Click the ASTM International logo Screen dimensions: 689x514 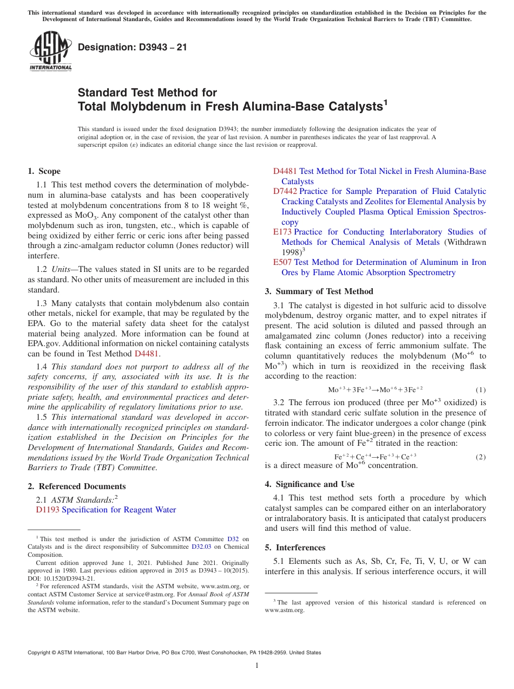[x=50, y=51]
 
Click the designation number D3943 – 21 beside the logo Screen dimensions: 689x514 [x=133, y=47]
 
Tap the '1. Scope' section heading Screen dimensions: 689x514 [x=44, y=171]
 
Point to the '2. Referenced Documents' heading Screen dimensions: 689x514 [x=76, y=486]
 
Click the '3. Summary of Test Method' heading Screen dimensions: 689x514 [x=319, y=291]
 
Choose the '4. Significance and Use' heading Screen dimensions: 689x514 [x=309, y=484]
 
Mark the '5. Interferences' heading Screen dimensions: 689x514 [x=295, y=548]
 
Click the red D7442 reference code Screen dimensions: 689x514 [x=285, y=192]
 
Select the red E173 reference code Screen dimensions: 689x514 [x=282, y=232]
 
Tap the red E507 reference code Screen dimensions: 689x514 [x=282, y=262]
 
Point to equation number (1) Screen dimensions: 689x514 [x=480, y=390]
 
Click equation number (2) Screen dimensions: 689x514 [x=480, y=457]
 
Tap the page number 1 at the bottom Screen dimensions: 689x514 [x=257, y=666]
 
